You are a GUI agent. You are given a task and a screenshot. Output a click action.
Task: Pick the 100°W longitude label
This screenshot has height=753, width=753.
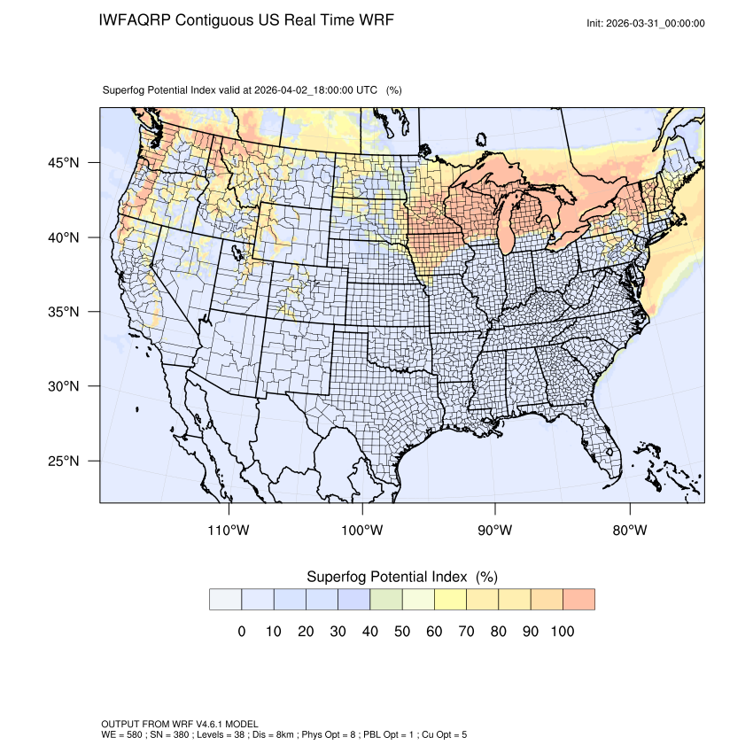(362, 530)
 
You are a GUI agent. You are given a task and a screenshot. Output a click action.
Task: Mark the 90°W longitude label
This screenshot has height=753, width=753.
(495, 530)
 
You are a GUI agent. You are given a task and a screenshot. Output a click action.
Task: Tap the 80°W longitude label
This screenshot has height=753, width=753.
(629, 530)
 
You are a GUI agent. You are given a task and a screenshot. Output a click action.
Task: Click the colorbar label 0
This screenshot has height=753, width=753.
(241, 632)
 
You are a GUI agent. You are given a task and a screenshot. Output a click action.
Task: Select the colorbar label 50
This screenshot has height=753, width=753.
(402, 632)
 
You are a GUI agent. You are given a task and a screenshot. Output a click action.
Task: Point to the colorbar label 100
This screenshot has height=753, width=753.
(563, 632)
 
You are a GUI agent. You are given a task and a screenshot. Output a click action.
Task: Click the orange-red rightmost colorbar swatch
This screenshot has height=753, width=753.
(578, 599)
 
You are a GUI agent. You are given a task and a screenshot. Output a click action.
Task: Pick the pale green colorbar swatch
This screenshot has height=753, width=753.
(386, 599)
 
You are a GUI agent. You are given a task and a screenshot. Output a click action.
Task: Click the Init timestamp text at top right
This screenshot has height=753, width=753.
(646, 23)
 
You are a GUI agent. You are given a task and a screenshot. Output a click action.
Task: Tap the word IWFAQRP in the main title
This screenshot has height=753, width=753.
(136, 19)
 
